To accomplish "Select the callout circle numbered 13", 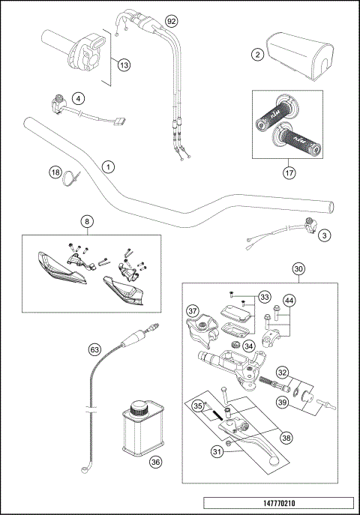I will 124,65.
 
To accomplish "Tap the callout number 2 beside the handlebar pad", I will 256,55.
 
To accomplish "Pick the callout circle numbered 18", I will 55,172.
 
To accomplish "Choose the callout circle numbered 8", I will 88,222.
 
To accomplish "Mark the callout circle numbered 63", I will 94,349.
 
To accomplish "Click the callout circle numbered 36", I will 155,463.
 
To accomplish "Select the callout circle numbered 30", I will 298,269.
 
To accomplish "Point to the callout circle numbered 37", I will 192,311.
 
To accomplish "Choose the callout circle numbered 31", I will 218,451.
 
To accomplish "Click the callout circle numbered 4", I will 78,98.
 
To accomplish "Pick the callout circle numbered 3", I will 325,235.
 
